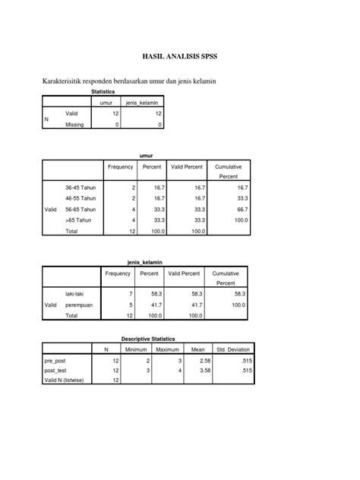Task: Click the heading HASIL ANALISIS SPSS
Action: pos(179,57)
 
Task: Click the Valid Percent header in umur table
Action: pos(186,166)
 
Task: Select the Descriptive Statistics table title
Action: pos(149,339)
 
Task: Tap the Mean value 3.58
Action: pos(199,371)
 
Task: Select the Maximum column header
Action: pos(166,349)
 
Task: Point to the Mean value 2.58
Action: pos(199,361)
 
